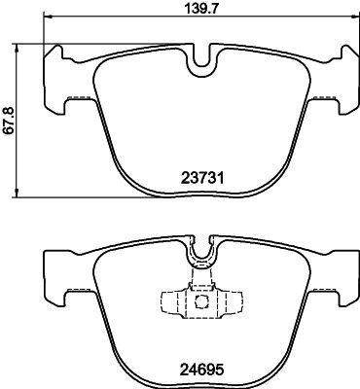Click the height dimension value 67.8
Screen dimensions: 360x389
pyautogui.click(x=10, y=121)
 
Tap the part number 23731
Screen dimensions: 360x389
pyautogui.click(x=202, y=178)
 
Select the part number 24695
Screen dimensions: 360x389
pyautogui.click(x=202, y=370)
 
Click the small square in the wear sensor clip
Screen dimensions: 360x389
pyautogui.click(x=202, y=301)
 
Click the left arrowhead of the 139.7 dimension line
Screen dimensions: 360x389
pyautogui.click(x=48, y=17)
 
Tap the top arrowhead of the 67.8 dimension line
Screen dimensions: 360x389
pyautogui.click(x=17, y=49)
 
